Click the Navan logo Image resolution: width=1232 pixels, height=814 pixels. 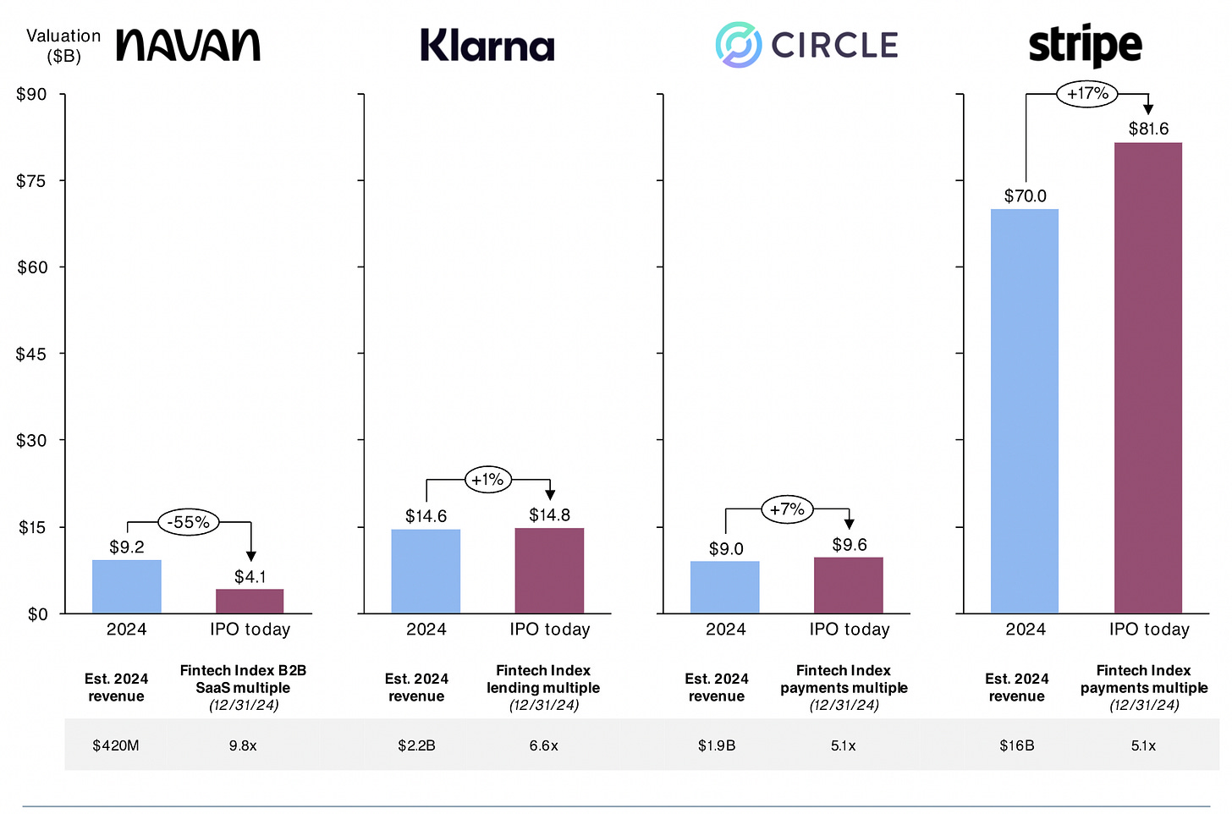pyautogui.click(x=188, y=45)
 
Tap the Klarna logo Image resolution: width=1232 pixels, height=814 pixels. pyautogui.click(x=487, y=46)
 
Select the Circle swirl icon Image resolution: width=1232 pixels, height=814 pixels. pyautogui.click(x=738, y=45)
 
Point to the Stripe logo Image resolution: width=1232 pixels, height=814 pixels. pyautogui.click(x=1085, y=45)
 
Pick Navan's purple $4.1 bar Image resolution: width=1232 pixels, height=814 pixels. pyautogui.click(x=250, y=601)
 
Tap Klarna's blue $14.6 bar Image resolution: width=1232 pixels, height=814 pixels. pyautogui.click(x=426, y=571)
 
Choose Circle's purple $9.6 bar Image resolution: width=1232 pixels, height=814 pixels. pyautogui.click(x=848, y=585)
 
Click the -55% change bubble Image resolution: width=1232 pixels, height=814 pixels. pyautogui.click(x=189, y=522)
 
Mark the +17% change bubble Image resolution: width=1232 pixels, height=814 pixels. pyautogui.click(x=1087, y=94)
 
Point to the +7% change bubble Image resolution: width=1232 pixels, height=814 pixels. pyautogui.click(x=787, y=509)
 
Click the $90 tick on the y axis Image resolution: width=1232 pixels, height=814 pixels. pyautogui.click(x=32, y=94)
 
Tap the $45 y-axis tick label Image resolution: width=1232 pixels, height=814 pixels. pyautogui.click(x=32, y=354)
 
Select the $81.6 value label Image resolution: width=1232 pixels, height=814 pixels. pyautogui.click(x=1148, y=129)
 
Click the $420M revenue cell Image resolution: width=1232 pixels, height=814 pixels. pyautogui.click(x=116, y=745)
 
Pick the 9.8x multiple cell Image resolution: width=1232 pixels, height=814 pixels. pyautogui.click(x=243, y=745)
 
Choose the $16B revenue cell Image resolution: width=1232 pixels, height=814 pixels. pyautogui.click(x=1016, y=745)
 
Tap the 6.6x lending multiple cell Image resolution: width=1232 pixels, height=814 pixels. pyautogui.click(x=543, y=745)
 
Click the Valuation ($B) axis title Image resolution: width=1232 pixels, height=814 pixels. pyautogui.click(x=63, y=46)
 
